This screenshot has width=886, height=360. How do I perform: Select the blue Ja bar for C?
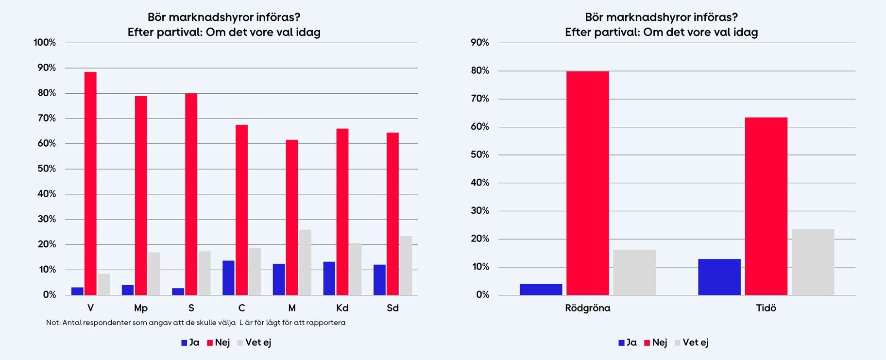pos(228,278)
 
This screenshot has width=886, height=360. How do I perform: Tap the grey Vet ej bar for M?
pos(305,262)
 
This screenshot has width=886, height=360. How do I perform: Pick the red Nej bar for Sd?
pos(392,214)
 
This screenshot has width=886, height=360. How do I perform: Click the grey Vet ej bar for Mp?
pos(154,274)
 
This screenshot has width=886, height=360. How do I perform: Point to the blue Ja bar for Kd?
pos(329,278)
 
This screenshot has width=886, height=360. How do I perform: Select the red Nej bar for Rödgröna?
pos(587,183)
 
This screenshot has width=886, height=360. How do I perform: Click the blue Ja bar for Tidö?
pos(719,277)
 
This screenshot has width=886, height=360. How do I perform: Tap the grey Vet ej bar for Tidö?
pos(813,262)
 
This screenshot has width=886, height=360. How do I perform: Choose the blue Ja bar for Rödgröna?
pos(541,290)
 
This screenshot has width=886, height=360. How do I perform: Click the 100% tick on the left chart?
pos(45,43)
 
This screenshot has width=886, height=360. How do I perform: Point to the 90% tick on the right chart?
pos(480,43)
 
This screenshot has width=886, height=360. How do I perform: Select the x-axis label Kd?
pos(342,308)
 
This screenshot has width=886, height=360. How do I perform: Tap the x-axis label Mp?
pos(141,308)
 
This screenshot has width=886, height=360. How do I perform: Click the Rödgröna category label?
pos(587,308)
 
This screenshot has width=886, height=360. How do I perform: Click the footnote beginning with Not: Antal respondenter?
pos(196,323)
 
